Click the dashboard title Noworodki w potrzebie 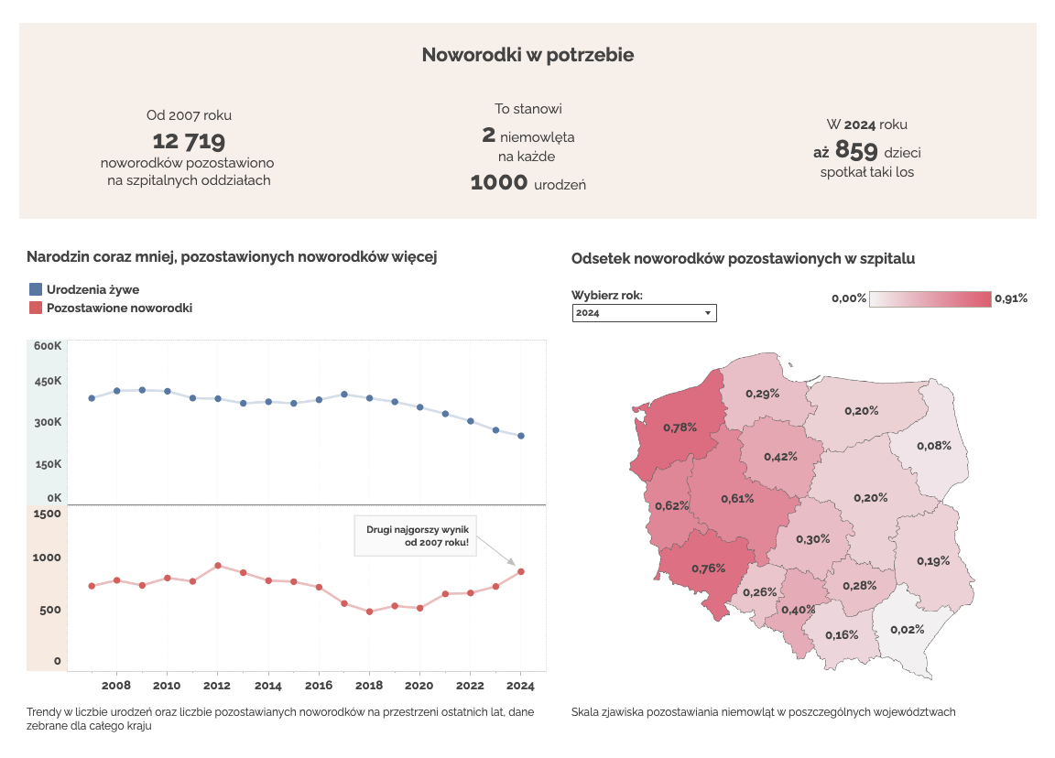(x=527, y=55)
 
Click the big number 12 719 (x=189, y=141)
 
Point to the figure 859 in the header (x=856, y=151)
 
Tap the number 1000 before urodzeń (x=499, y=183)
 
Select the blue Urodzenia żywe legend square (x=36, y=289)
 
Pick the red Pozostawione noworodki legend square (x=36, y=309)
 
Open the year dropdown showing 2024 (x=644, y=313)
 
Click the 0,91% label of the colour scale (x=1011, y=298)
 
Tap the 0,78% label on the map (x=680, y=427)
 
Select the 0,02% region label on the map (x=907, y=629)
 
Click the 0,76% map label (x=708, y=568)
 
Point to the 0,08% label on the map (x=934, y=446)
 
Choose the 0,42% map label (x=780, y=457)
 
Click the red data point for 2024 (x=521, y=571)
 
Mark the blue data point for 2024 (x=521, y=436)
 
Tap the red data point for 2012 (x=218, y=566)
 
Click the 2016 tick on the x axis (x=319, y=686)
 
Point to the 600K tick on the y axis (x=48, y=346)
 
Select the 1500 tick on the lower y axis (x=48, y=514)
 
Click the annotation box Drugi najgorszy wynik (x=417, y=536)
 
